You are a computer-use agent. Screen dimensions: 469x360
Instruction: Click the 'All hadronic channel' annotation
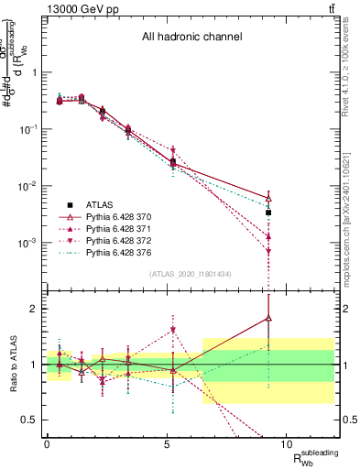click(x=191, y=38)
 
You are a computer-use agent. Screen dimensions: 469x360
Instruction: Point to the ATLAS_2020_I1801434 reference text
click(x=191, y=274)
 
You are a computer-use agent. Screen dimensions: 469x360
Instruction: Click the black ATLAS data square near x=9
click(x=268, y=213)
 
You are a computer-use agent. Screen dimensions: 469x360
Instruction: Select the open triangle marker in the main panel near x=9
click(x=268, y=198)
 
